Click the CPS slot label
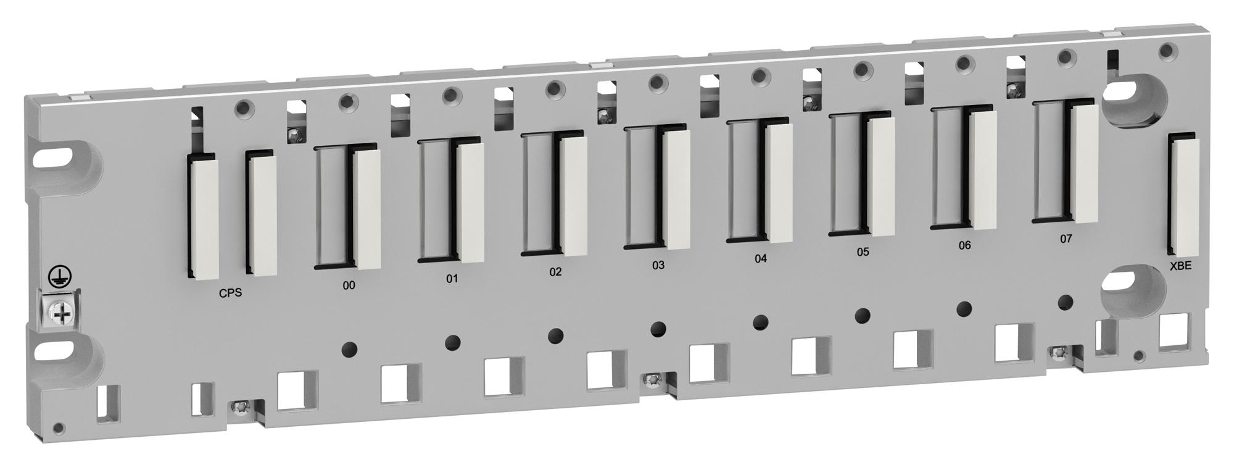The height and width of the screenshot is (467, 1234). tap(230, 293)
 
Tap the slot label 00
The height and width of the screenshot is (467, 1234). tap(349, 285)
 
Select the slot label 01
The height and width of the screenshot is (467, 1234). tap(452, 279)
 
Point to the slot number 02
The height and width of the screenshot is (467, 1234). tap(555, 272)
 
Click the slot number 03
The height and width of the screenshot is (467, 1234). tap(658, 265)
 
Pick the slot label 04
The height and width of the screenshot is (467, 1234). tap(761, 258)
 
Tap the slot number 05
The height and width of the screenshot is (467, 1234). tap(863, 252)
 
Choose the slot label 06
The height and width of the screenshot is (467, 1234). tap(964, 245)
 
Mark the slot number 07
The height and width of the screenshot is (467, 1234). tap(1066, 238)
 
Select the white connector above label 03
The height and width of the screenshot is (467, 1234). tap(677, 190)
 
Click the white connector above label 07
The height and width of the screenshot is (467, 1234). tap(1084, 164)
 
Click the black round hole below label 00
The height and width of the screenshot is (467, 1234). tap(349, 349)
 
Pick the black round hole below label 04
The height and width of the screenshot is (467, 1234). tap(761, 321)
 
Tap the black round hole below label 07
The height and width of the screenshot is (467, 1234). tap(1065, 302)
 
